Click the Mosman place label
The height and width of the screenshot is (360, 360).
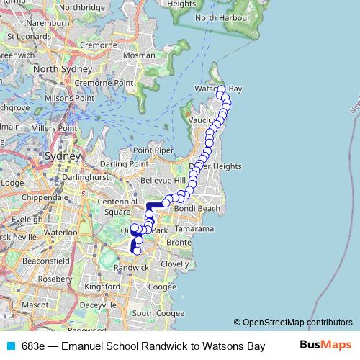tap(134, 55)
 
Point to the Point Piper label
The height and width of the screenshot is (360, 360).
tap(153, 150)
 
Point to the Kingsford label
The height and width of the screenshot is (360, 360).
tap(102, 286)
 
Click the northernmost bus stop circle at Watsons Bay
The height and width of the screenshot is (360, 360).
tap(221, 89)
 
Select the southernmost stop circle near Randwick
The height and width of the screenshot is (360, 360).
tap(137, 251)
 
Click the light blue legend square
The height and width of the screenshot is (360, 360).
tap(12, 346)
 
